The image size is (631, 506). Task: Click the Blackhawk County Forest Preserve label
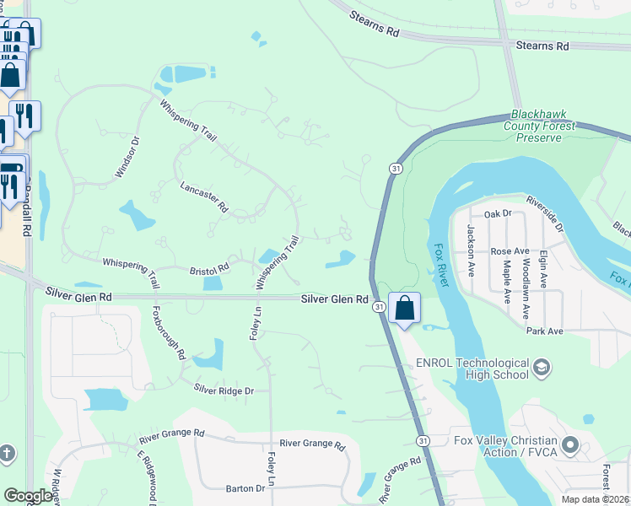click(x=544, y=126)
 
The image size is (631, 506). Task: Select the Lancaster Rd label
click(x=204, y=196)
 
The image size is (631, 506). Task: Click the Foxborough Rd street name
click(x=169, y=333)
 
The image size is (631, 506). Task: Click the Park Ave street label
click(x=544, y=331)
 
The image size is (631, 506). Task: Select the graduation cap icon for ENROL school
click(x=541, y=367)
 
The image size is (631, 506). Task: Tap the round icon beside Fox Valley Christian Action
click(x=571, y=444)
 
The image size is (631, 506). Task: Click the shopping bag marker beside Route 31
click(x=405, y=309)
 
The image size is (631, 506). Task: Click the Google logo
click(x=28, y=496)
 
